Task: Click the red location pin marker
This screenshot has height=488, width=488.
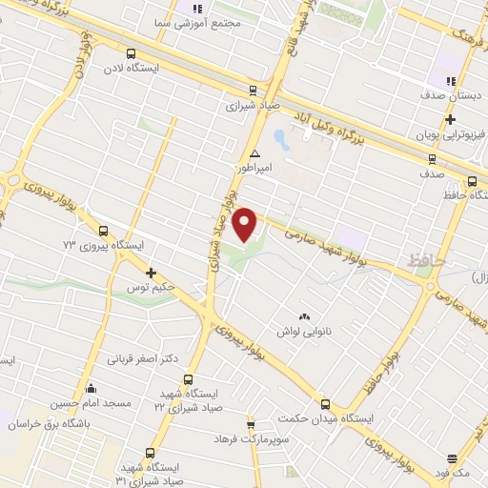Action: (x=246, y=223)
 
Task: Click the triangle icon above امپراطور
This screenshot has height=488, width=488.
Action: (x=254, y=153)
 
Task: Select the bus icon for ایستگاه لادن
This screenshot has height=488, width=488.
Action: (x=132, y=54)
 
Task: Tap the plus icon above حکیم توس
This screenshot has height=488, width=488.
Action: (x=151, y=274)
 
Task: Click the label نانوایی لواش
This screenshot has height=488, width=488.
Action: (x=304, y=331)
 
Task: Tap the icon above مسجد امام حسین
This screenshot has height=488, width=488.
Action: (x=91, y=387)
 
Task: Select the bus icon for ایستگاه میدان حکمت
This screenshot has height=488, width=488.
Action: (x=325, y=403)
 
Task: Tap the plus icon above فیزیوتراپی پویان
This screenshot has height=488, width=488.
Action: (x=450, y=120)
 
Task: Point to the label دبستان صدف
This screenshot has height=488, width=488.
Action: (x=445, y=96)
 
